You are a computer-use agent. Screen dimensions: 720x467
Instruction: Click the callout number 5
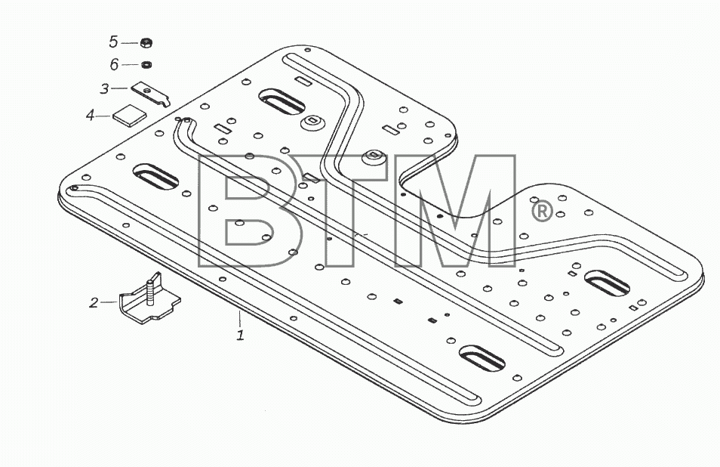pyautogui.click(x=113, y=42)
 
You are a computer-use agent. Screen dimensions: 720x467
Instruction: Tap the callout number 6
pyautogui.click(x=114, y=64)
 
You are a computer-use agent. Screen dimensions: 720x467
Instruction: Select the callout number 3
pyautogui.click(x=105, y=88)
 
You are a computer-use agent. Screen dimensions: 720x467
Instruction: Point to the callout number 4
pyautogui.click(x=90, y=115)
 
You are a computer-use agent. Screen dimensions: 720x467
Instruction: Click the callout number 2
pyautogui.click(x=94, y=302)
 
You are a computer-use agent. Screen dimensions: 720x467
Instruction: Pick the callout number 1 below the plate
pyautogui.click(x=240, y=335)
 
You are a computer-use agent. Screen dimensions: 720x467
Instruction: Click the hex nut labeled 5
pyautogui.click(x=146, y=43)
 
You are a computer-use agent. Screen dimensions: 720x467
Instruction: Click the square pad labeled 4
pyautogui.click(x=130, y=116)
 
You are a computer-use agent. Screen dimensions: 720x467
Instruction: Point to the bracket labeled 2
pyautogui.click(x=149, y=301)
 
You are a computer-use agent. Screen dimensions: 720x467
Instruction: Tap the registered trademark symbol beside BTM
pyautogui.click(x=542, y=212)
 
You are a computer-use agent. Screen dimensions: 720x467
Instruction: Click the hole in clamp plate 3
pyautogui.click(x=146, y=91)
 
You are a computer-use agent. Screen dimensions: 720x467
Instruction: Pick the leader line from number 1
pyautogui.click(x=239, y=318)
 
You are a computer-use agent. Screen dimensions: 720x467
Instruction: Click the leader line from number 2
pyautogui.click(x=109, y=302)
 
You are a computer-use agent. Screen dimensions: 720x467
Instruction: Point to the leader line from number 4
pyautogui.click(x=104, y=116)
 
